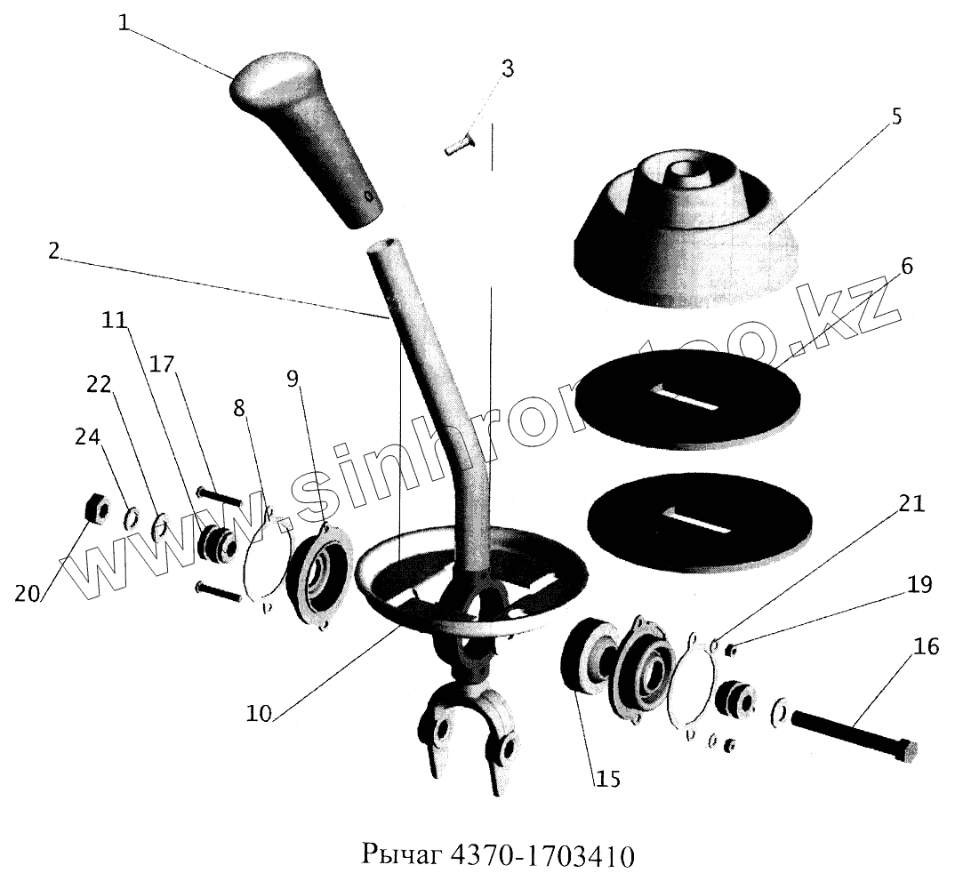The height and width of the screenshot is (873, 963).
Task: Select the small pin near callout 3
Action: click(x=460, y=143)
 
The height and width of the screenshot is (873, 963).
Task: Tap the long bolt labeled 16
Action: click(x=845, y=728)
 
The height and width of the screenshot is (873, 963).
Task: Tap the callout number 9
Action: click(x=293, y=378)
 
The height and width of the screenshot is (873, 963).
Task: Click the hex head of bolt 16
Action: click(x=906, y=751)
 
